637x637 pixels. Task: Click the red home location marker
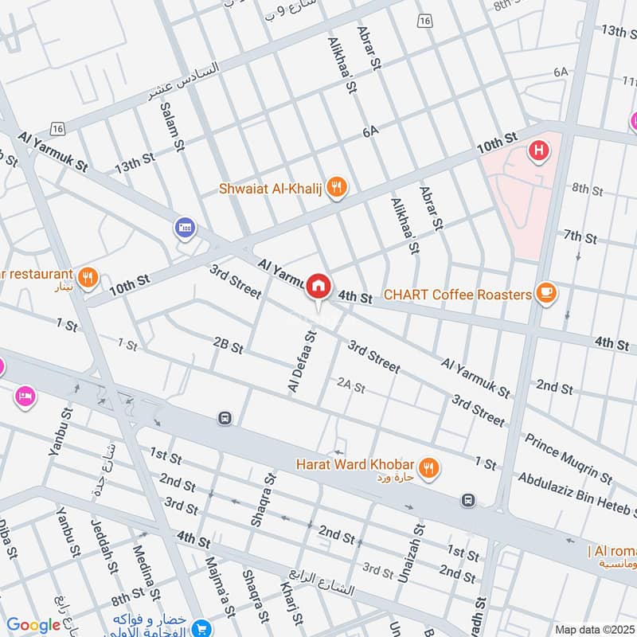pos(318,285)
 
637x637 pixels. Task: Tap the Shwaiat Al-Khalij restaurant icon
pos(338,188)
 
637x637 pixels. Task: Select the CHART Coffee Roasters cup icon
pos(545,293)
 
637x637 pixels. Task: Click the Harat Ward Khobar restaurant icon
pos(429,468)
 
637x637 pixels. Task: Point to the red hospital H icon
pos(540,150)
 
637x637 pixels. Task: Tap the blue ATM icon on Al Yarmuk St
pos(185,228)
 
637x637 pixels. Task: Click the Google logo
pos(33,625)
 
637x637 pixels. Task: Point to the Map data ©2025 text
pos(592,629)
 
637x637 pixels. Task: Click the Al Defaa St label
pos(303,362)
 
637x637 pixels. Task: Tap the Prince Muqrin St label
pos(567,459)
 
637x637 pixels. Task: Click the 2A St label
pos(350,388)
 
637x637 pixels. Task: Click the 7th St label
pos(580,237)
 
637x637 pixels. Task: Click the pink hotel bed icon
pos(25,396)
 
